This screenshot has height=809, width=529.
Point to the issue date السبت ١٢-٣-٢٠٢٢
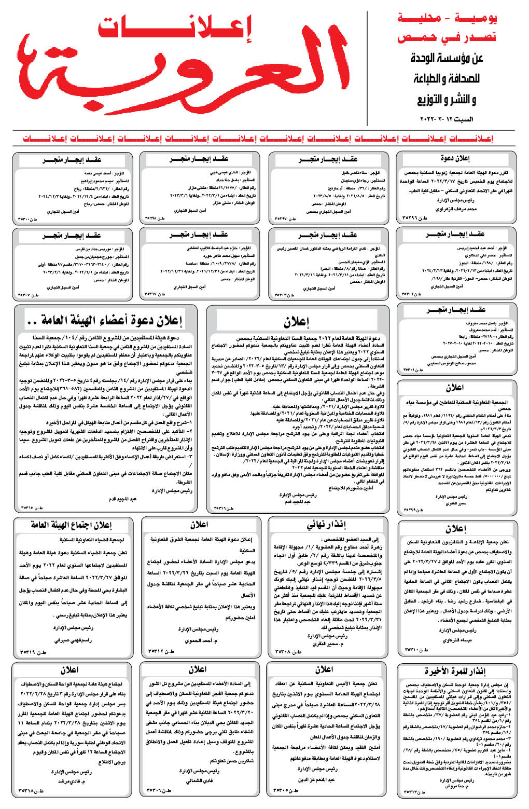tap(447, 119)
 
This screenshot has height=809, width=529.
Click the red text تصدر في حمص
tap(447, 38)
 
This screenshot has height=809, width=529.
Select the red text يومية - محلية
tap(447, 19)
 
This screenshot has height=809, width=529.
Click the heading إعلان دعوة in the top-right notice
tap(455, 158)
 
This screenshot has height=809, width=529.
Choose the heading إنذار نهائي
tap(327, 525)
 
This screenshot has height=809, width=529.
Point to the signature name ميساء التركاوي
tap(457, 640)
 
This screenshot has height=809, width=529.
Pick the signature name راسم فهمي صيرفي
tap(73, 640)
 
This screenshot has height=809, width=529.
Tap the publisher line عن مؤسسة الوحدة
tap(447, 58)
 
